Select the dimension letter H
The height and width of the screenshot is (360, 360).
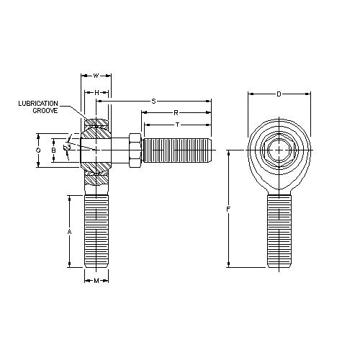pos(96,92)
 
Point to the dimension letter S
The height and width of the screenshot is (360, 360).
pos(153,102)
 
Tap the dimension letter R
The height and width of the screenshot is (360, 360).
pos(176,112)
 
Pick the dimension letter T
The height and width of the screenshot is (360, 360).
pos(177,124)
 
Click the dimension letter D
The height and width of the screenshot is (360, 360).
pos(279,93)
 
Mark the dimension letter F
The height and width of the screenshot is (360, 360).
pos(228,210)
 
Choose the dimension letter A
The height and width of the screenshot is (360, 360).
pos(69,232)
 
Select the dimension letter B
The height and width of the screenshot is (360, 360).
pos(53,151)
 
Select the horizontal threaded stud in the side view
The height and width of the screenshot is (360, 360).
pos(176,151)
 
